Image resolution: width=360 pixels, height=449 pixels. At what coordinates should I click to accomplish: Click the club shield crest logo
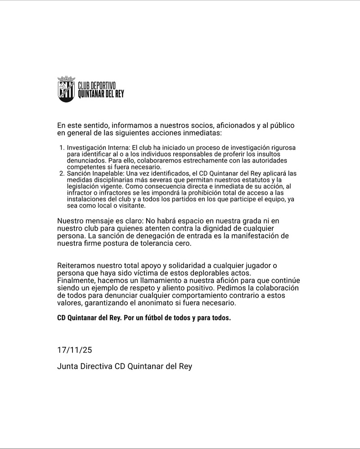coord(66,89)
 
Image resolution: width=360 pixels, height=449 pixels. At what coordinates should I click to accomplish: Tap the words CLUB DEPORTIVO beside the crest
coord(97,85)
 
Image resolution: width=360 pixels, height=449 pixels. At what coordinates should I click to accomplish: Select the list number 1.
coord(61,148)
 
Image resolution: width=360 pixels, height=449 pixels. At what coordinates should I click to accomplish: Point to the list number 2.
coord(61,173)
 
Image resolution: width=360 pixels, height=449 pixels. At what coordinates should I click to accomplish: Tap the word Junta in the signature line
coord(67,366)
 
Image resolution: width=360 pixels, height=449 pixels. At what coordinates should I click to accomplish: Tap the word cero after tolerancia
coord(183,244)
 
